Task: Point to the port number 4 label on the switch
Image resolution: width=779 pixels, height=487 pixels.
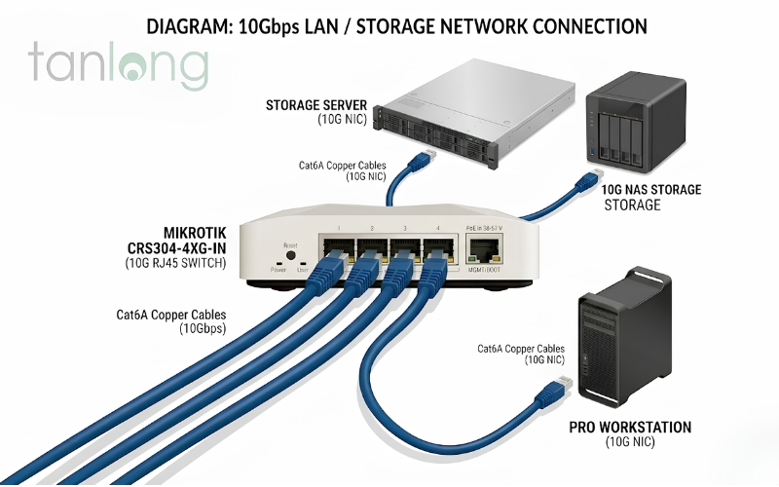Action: (x=438, y=228)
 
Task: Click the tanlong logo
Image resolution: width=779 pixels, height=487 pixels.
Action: (x=118, y=64)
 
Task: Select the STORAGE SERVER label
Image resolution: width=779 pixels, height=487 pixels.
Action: (x=315, y=103)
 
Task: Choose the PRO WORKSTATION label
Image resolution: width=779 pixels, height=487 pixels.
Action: (x=630, y=427)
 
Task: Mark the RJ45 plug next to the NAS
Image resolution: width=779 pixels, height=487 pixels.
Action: (x=588, y=179)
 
